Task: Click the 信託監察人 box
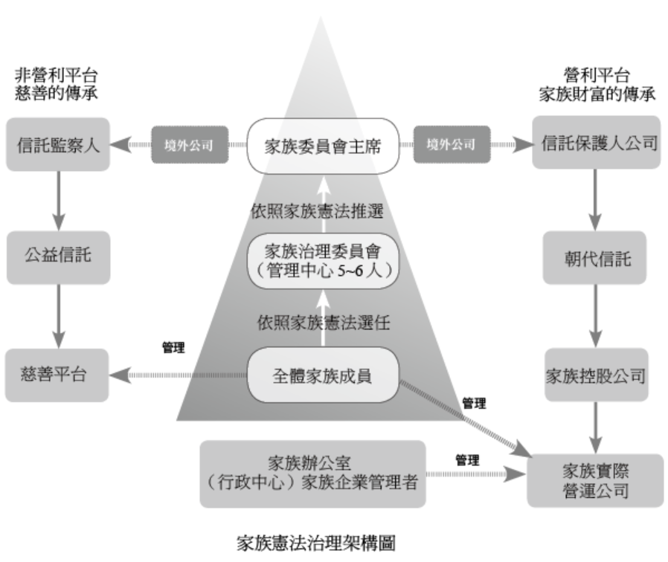pos(57,144)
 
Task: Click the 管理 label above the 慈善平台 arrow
pos(173,349)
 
